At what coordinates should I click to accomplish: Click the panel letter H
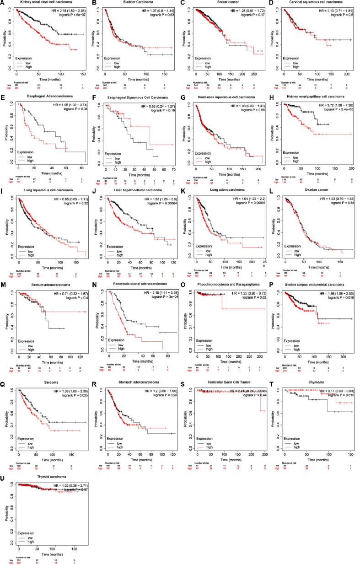(x=273, y=98)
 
